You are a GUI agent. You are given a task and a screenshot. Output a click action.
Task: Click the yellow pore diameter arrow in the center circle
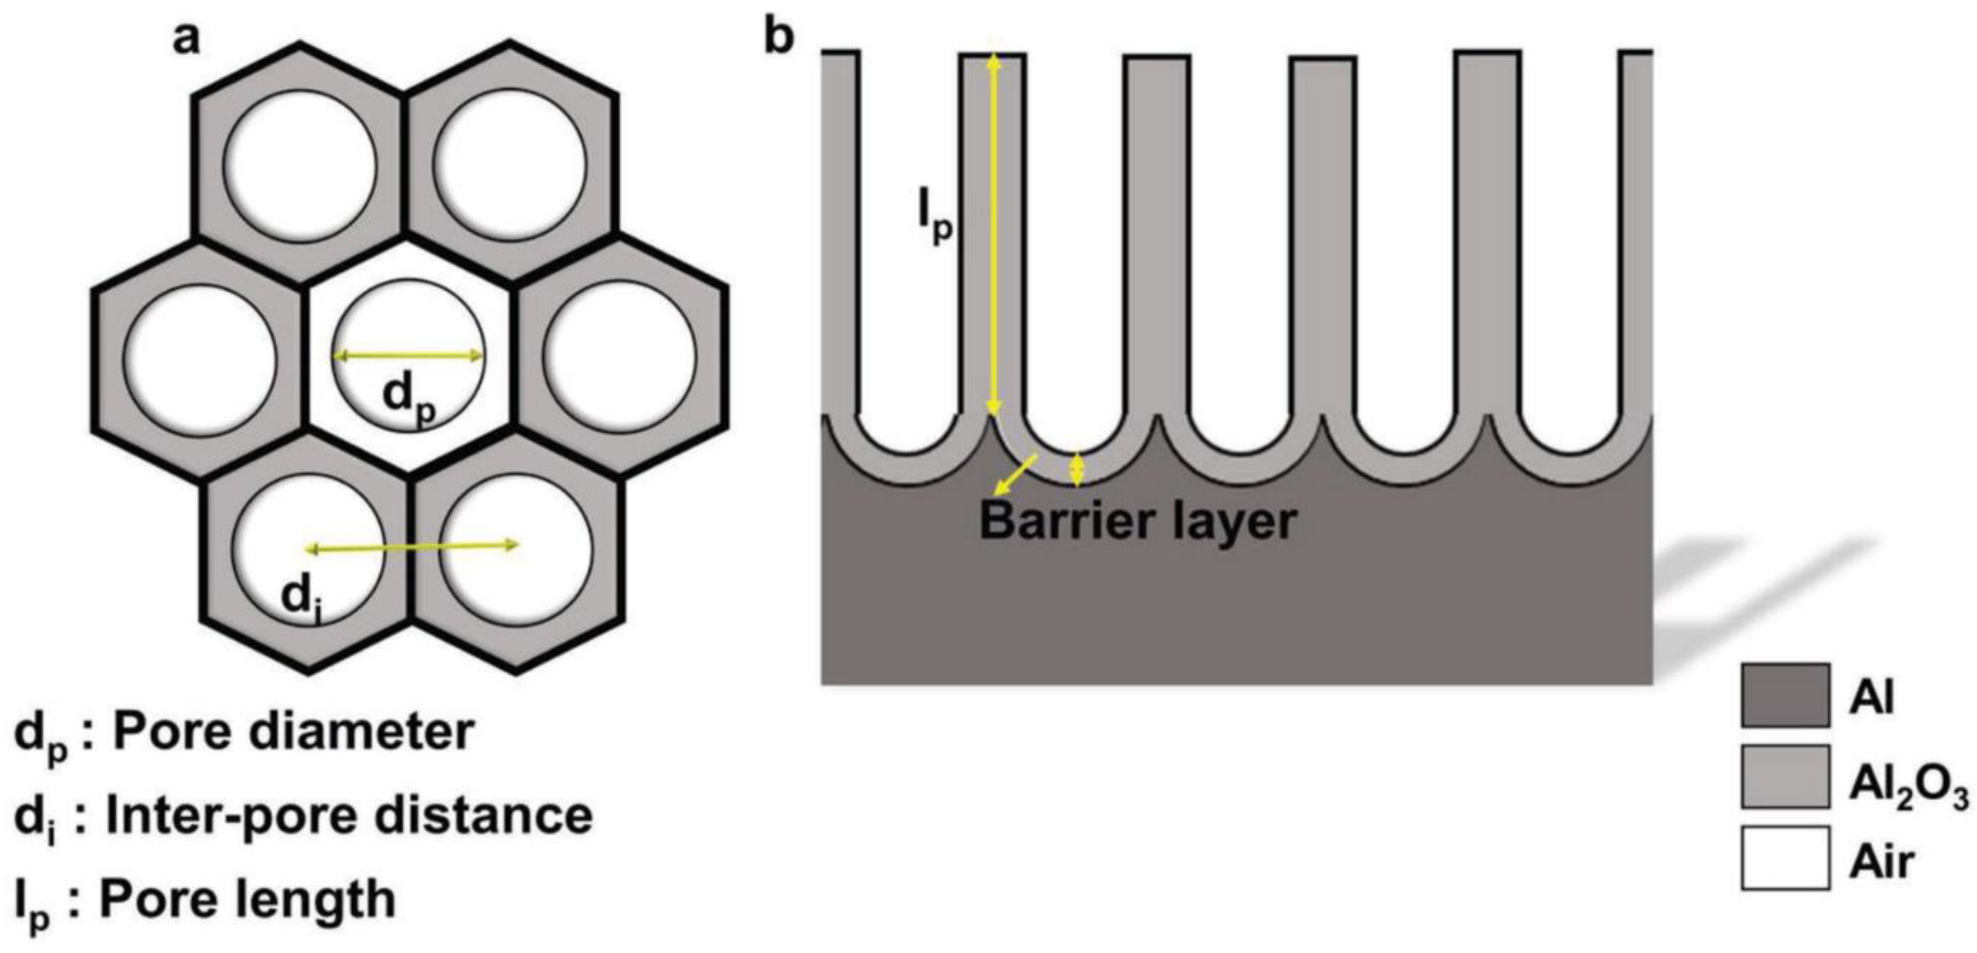pos(409,355)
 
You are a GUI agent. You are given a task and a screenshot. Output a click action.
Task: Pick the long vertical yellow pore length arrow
pos(994,230)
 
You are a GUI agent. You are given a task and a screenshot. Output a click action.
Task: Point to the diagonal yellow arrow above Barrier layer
pos(1014,474)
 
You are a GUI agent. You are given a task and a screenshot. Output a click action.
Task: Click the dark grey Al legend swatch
pos(1785,696)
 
